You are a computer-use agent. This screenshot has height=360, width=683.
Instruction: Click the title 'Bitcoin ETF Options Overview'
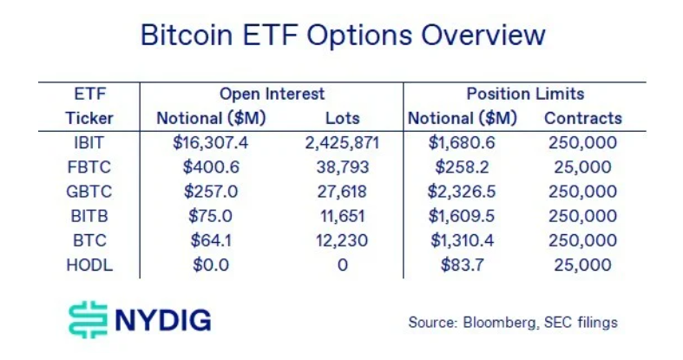click(x=343, y=36)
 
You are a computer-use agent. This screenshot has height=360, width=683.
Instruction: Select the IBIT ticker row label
click(x=89, y=143)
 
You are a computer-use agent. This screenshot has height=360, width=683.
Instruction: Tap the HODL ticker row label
click(x=89, y=265)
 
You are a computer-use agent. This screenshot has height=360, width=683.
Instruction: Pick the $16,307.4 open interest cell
click(x=210, y=143)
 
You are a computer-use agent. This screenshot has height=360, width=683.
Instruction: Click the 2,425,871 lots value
click(x=342, y=143)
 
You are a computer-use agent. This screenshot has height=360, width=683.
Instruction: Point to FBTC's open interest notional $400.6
click(x=211, y=167)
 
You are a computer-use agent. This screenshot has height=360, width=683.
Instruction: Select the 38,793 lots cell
click(x=343, y=167)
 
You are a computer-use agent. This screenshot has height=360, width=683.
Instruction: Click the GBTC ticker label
click(x=89, y=192)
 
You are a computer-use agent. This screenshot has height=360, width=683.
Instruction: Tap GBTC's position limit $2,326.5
click(x=462, y=192)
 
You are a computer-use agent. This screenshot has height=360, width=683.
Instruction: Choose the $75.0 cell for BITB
click(x=210, y=216)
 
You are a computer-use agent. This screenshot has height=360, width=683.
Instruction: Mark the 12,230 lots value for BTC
click(x=342, y=240)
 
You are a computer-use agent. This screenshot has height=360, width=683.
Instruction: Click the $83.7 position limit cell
click(x=463, y=265)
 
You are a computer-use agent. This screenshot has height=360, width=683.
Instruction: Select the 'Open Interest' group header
click(x=273, y=94)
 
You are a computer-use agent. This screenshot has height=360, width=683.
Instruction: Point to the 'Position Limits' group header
click(x=525, y=94)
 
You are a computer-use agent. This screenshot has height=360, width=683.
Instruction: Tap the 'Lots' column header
click(x=343, y=118)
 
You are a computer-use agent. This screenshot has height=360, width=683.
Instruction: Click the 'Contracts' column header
click(x=583, y=118)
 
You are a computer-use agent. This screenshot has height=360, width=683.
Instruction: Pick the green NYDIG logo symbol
click(x=88, y=319)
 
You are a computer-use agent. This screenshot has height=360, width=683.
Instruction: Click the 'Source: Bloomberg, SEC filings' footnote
click(x=513, y=323)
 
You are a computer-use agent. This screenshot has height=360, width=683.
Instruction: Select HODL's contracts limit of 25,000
click(x=583, y=265)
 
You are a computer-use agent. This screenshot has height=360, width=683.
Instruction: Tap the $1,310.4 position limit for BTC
click(x=463, y=240)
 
